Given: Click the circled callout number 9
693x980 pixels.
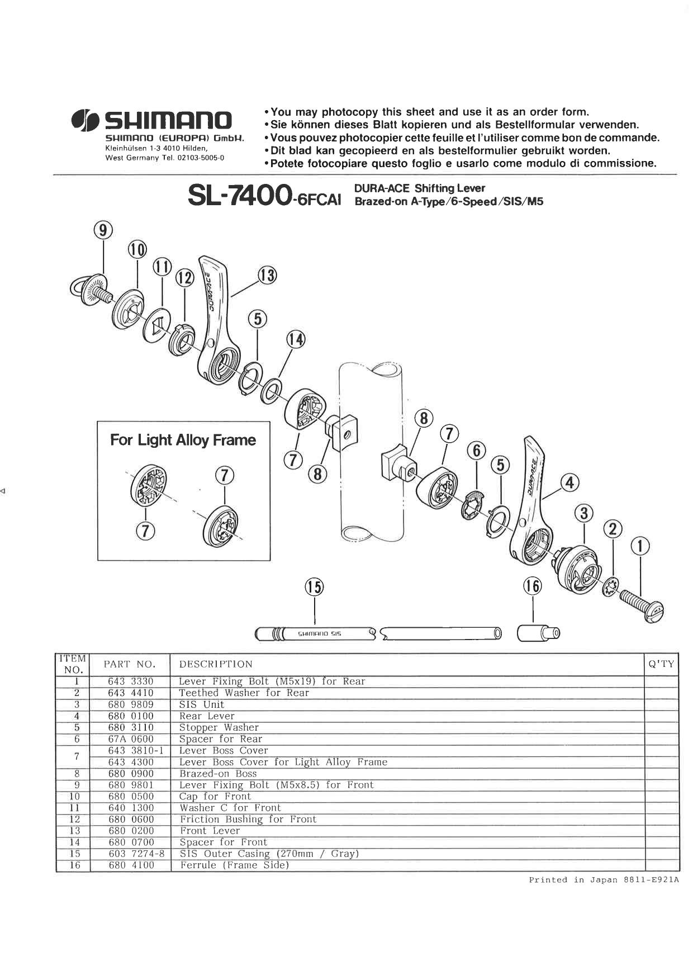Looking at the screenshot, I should point(103,230).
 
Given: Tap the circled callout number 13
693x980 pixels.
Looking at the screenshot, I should point(267,275).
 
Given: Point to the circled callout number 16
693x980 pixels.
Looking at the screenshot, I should point(532,586).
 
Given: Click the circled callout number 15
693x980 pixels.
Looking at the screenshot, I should point(314,586).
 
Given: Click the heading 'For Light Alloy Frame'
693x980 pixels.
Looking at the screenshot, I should point(183,440).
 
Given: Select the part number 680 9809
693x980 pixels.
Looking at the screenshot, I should point(130,704).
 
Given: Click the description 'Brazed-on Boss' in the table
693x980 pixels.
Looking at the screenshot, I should point(218,774).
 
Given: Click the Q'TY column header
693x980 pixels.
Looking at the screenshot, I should point(661,664).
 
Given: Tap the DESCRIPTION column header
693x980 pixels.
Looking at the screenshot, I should point(216,664).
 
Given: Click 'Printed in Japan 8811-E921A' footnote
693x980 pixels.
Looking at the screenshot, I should point(604,880).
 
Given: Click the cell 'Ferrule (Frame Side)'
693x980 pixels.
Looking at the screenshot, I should point(234,865).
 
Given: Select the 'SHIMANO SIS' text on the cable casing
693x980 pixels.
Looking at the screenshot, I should point(320,634).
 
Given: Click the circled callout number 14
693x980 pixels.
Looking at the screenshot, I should point(296,339).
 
